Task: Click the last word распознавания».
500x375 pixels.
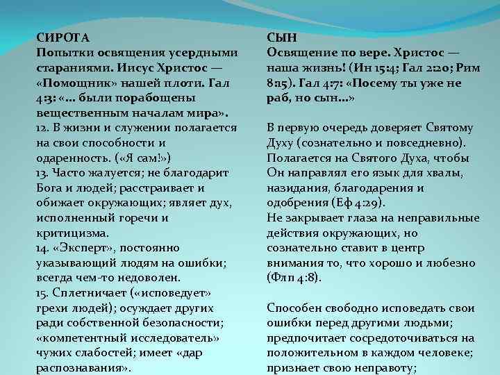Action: [x=83, y=368]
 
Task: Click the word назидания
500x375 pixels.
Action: [x=297, y=187]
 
